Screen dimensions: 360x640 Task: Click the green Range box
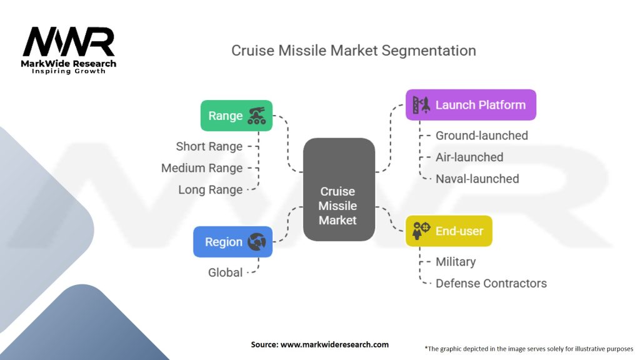(236, 116)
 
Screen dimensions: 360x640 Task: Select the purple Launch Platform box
(471, 105)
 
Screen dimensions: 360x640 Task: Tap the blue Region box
(232, 242)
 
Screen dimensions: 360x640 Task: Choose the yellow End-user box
(448, 231)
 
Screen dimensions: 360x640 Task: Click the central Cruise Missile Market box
(338, 190)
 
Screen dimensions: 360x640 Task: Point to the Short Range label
(209, 147)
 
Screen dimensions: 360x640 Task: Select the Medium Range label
(201, 168)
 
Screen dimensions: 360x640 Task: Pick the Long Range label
(210, 189)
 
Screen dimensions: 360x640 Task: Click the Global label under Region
(225, 272)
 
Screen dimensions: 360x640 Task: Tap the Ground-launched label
(481, 136)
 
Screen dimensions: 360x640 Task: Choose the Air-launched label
(469, 157)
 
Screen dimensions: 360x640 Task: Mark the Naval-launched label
(477, 179)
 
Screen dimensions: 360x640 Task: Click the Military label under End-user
(455, 262)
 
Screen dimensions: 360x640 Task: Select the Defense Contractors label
(491, 283)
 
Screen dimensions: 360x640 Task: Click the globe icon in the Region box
(257, 242)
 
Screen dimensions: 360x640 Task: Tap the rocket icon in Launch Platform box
(421, 105)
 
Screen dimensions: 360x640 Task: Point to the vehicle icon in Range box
(256, 116)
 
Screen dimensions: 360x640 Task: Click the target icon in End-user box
(421, 231)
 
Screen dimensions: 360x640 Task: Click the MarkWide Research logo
(69, 50)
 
